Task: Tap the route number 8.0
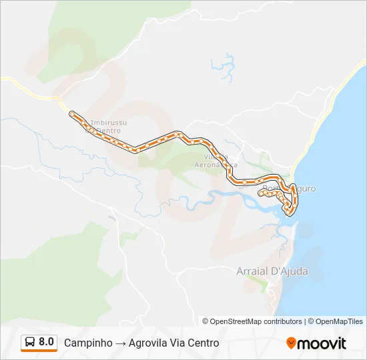click(47, 342)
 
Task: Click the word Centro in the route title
click(203, 343)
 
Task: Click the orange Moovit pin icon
click(291, 343)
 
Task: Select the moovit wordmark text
click(322, 343)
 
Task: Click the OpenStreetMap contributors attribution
click(256, 321)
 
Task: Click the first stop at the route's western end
click(71, 114)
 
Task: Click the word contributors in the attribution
click(282, 321)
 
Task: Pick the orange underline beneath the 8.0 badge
click(39, 351)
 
